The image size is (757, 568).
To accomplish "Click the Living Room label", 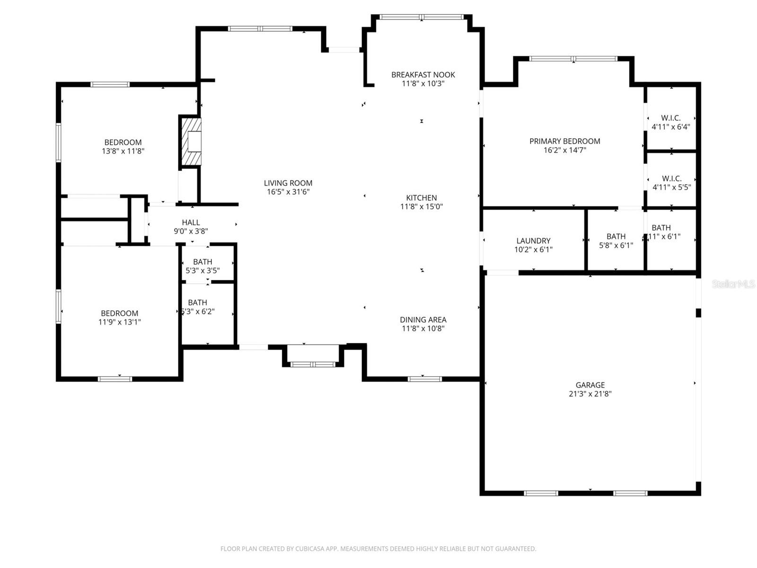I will [288, 183].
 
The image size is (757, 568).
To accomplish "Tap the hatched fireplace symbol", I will [191, 142].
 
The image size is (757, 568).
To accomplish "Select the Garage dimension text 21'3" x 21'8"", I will [590, 394].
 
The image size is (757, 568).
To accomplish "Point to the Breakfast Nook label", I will [423, 74].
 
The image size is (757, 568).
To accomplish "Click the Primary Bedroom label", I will [564, 141].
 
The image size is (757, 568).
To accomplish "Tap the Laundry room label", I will [533, 241].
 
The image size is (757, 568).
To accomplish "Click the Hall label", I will [191, 222].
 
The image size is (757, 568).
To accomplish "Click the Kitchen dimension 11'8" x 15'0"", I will [421, 207].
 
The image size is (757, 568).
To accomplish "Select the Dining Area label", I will [423, 320].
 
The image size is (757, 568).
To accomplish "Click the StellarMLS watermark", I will [733, 284].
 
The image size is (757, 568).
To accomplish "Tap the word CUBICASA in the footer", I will [312, 549].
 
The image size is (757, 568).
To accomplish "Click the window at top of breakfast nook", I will [422, 17].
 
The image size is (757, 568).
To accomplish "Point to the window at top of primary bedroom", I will [573, 59].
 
